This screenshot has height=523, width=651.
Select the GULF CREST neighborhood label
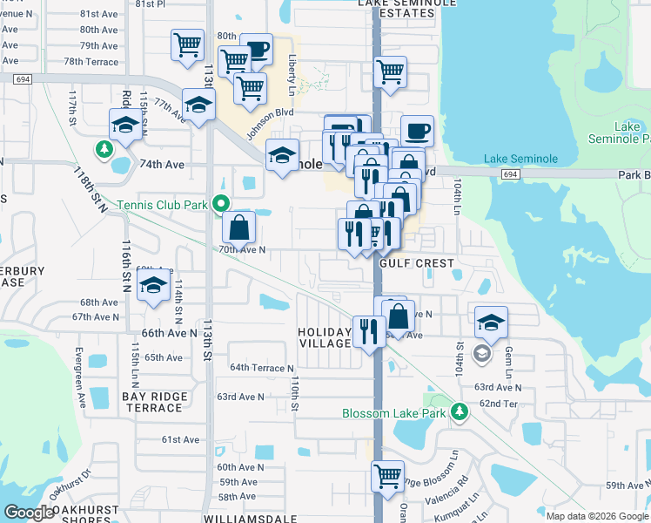click(x=426, y=263)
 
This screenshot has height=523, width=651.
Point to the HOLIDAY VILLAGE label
click(x=324, y=337)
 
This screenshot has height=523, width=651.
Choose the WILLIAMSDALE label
click(x=248, y=518)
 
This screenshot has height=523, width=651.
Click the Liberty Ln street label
click(x=292, y=75)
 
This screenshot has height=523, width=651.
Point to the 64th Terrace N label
click(x=262, y=368)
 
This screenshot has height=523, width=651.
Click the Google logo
click(x=29, y=512)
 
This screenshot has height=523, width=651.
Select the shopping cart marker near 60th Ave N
click(x=387, y=476)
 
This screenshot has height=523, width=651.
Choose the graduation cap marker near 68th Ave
click(x=153, y=285)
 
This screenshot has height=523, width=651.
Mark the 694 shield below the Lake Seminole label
click(x=511, y=174)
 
